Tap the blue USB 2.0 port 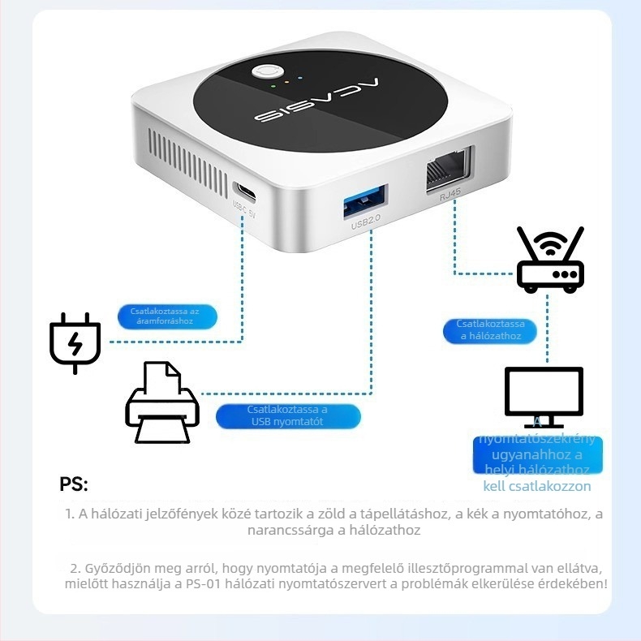pos(366,201)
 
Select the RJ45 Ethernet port pos(446,170)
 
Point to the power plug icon pos(75,342)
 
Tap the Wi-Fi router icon pos(550,259)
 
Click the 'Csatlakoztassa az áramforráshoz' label pos(169,316)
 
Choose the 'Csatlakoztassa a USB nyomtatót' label pos(288,415)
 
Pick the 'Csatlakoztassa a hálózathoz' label pos(491,330)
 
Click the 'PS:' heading pos(74,485)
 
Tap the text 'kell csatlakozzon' pos(537,487)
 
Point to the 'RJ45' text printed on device pos(450,196)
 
